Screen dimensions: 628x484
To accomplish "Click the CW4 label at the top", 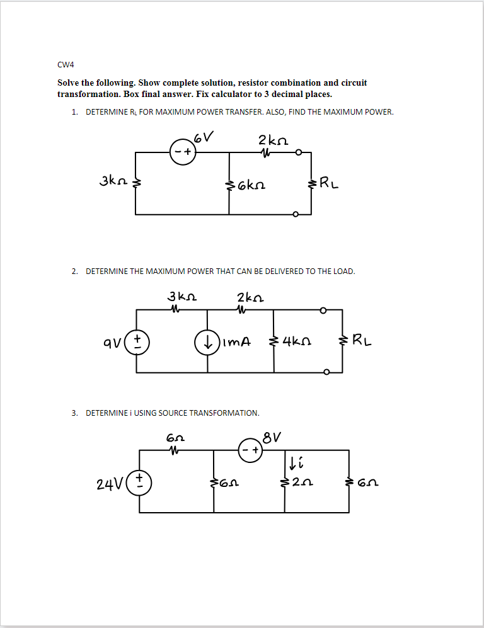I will tap(65, 64).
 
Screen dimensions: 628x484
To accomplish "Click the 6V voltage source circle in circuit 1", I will tap(183, 152).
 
